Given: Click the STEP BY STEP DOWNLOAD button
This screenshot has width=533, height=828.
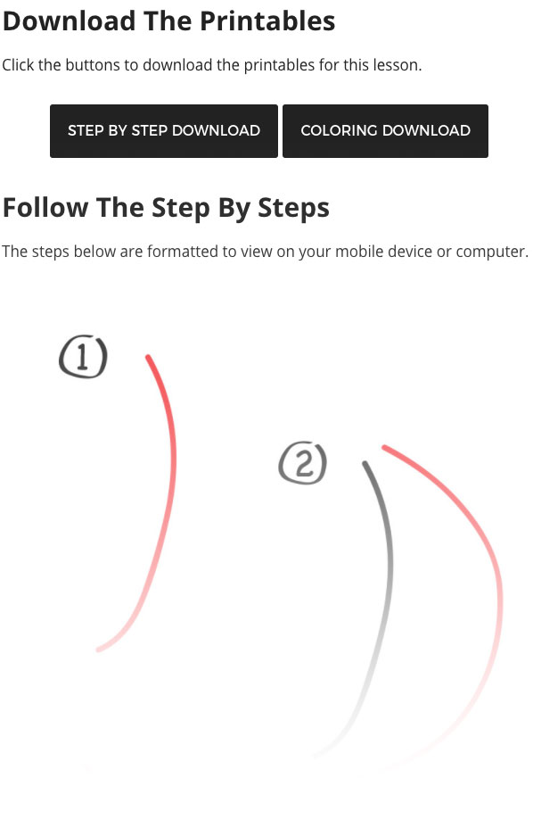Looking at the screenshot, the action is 164,131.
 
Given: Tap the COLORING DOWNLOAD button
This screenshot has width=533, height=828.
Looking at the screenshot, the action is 385,131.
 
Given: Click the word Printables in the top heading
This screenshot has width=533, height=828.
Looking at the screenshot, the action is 267,21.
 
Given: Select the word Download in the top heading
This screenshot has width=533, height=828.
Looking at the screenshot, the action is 70,21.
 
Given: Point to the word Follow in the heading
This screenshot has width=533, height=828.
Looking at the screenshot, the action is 45,207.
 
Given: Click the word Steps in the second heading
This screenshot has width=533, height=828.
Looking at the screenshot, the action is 293,209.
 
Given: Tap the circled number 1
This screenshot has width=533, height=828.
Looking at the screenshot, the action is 83,356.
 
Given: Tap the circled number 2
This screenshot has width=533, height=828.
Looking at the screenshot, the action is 303,463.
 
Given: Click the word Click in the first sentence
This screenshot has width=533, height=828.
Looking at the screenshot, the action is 19,65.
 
